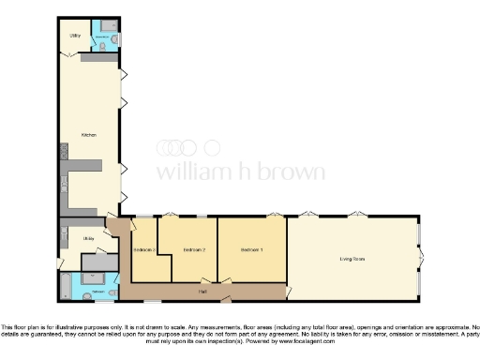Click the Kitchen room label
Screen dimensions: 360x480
click(90, 134)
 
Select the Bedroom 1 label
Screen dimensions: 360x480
click(251, 249)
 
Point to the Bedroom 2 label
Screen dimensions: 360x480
click(194, 249)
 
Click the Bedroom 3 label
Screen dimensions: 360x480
click(143, 249)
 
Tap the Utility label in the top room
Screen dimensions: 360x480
click(75, 36)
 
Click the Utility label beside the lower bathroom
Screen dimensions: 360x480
click(88, 239)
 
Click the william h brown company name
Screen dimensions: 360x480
click(240, 172)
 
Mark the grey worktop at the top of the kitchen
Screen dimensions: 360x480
click(98, 58)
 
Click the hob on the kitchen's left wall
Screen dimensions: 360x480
click(63, 151)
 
